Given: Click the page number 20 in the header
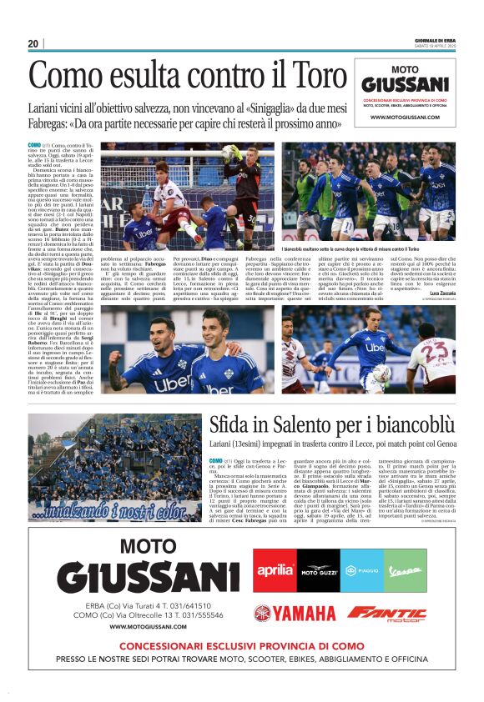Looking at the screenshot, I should pos(33,44).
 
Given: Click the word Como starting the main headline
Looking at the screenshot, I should pos(64,77).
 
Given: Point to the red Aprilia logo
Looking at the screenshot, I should pos(275,570).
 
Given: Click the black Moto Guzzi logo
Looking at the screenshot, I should pos(317,570).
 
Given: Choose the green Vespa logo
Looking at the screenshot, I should pos(405,570).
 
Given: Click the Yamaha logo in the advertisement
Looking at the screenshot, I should pos(294,614).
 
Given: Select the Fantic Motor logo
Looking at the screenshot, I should pos(386,614).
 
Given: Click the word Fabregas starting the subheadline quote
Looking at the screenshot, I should pos(52,123).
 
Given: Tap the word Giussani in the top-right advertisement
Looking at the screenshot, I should pos(406,84).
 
